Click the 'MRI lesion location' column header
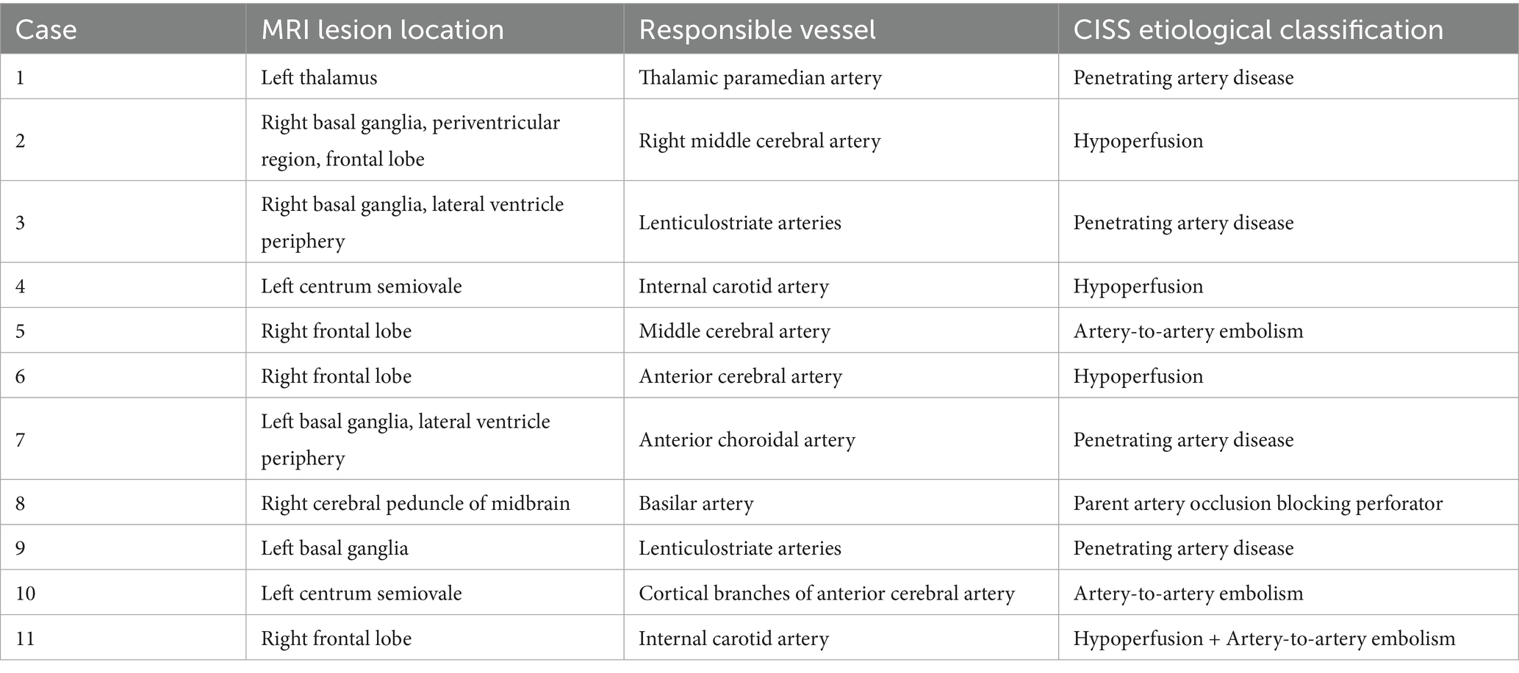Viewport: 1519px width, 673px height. [x=382, y=29]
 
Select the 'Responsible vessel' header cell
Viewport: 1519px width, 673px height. [x=757, y=29]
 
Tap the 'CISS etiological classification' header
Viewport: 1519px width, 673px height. [x=1257, y=29]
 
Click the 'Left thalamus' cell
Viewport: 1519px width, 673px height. [x=319, y=77]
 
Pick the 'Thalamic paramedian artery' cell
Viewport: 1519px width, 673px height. [x=760, y=77]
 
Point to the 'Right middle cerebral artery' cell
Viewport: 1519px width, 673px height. [x=759, y=140]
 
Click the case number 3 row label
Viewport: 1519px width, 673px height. [x=21, y=222]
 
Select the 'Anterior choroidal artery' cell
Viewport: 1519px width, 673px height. [x=747, y=439]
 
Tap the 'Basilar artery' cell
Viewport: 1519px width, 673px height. [x=696, y=503]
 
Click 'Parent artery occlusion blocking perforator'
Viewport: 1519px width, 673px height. [x=1257, y=503]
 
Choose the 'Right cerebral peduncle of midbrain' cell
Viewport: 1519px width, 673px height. [x=415, y=503]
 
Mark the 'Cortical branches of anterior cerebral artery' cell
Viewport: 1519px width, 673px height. [x=826, y=593]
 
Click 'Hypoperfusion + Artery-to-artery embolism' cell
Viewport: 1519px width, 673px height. [x=1263, y=638]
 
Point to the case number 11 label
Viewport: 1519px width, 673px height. [x=25, y=638]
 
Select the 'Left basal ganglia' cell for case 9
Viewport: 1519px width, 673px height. [x=334, y=548]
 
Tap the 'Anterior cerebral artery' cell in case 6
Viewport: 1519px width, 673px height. [x=740, y=376]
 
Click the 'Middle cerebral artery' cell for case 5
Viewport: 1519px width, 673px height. [x=734, y=331]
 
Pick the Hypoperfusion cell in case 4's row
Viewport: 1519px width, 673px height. [x=1138, y=286]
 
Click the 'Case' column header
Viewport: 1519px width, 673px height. [x=46, y=29]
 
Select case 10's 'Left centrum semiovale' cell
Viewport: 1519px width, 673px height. [x=361, y=593]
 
